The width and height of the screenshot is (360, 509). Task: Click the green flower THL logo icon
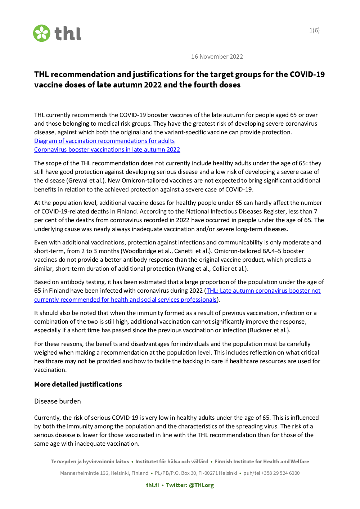pyautogui.click(x=42, y=33)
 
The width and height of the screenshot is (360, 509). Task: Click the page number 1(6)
pyautogui.click(x=314, y=30)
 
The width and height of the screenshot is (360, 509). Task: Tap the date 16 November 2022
pyautogui.click(x=217, y=57)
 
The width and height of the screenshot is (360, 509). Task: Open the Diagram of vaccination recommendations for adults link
pyautogui.click(x=104, y=141)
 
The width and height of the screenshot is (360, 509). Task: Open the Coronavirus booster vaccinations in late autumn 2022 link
pyautogui.click(x=107, y=149)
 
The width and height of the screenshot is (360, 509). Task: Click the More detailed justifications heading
pyautogui.click(x=78, y=384)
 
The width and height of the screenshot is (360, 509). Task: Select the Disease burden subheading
pyautogui.click(x=58, y=401)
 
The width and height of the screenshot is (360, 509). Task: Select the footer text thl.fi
pyautogui.click(x=152, y=485)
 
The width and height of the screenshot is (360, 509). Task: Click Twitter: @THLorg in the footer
pyautogui.click(x=190, y=485)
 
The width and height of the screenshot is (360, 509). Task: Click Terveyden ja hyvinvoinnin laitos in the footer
pyautogui.click(x=90, y=461)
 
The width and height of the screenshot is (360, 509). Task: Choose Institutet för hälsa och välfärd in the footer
pyautogui.click(x=172, y=461)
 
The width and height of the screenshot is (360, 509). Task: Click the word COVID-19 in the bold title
pyautogui.click(x=307, y=75)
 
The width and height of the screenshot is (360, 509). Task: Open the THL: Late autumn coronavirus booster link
pyautogui.click(x=263, y=290)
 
